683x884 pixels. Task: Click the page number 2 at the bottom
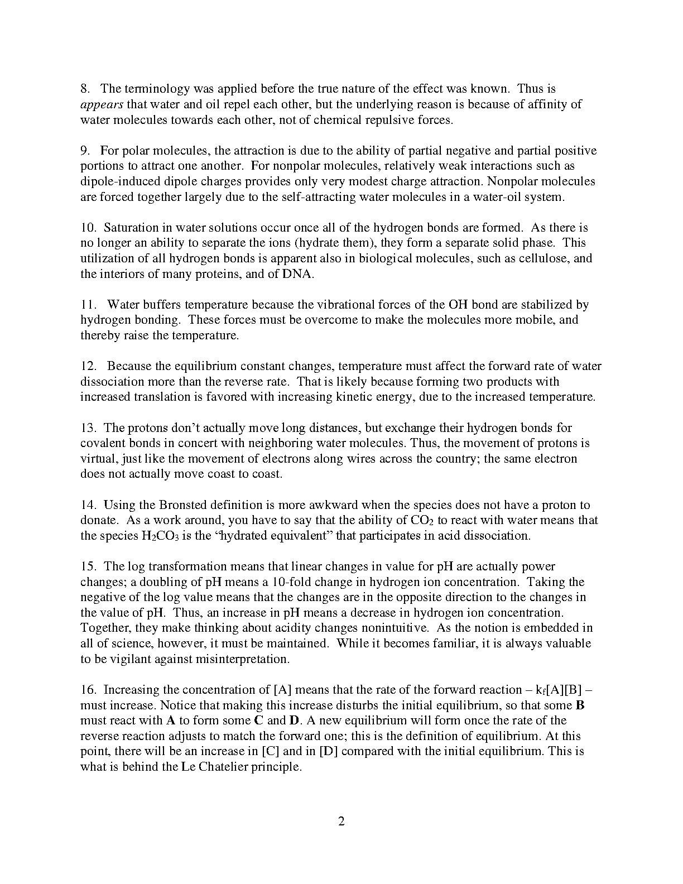coord(341,821)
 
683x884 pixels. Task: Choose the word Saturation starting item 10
coord(131,228)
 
